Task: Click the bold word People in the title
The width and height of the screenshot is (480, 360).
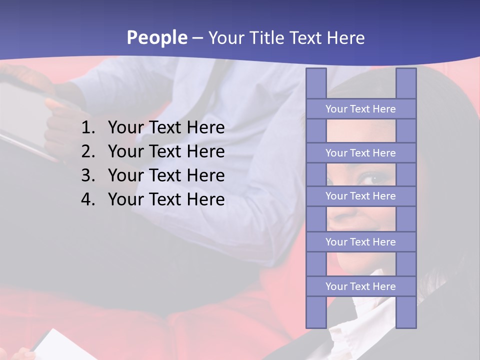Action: (x=156, y=37)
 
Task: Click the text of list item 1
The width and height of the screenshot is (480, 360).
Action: (x=166, y=128)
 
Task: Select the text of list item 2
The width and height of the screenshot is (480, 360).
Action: (x=166, y=152)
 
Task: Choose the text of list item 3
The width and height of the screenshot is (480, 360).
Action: (x=166, y=176)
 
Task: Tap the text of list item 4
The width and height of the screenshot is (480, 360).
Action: (x=166, y=200)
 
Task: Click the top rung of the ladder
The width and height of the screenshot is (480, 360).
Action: (x=360, y=109)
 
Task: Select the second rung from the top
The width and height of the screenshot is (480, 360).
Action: (x=360, y=153)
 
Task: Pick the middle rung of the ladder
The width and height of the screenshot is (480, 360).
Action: (x=360, y=196)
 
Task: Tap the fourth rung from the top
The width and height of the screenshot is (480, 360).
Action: (x=360, y=242)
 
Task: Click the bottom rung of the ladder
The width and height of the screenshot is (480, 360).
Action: (x=360, y=286)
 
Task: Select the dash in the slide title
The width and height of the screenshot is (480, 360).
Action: (x=197, y=38)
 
